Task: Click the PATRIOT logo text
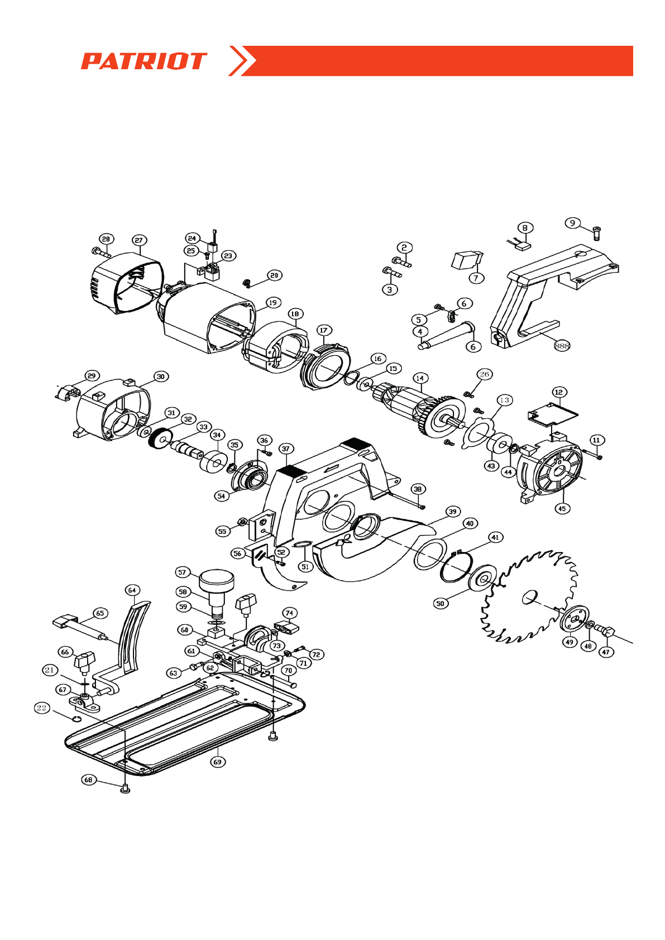(143, 61)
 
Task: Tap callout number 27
(139, 240)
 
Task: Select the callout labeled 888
(562, 346)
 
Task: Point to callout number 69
(218, 761)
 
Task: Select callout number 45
(562, 508)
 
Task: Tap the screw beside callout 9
(596, 233)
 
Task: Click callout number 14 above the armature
(419, 378)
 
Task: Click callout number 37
(286, 449)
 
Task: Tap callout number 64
(132, 590)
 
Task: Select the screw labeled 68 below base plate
(125, 788)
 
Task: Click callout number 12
(559, 392)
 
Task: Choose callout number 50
(441, 603)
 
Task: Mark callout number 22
(42, 708)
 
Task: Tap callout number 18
(295, 314)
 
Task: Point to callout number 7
(476, 277)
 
